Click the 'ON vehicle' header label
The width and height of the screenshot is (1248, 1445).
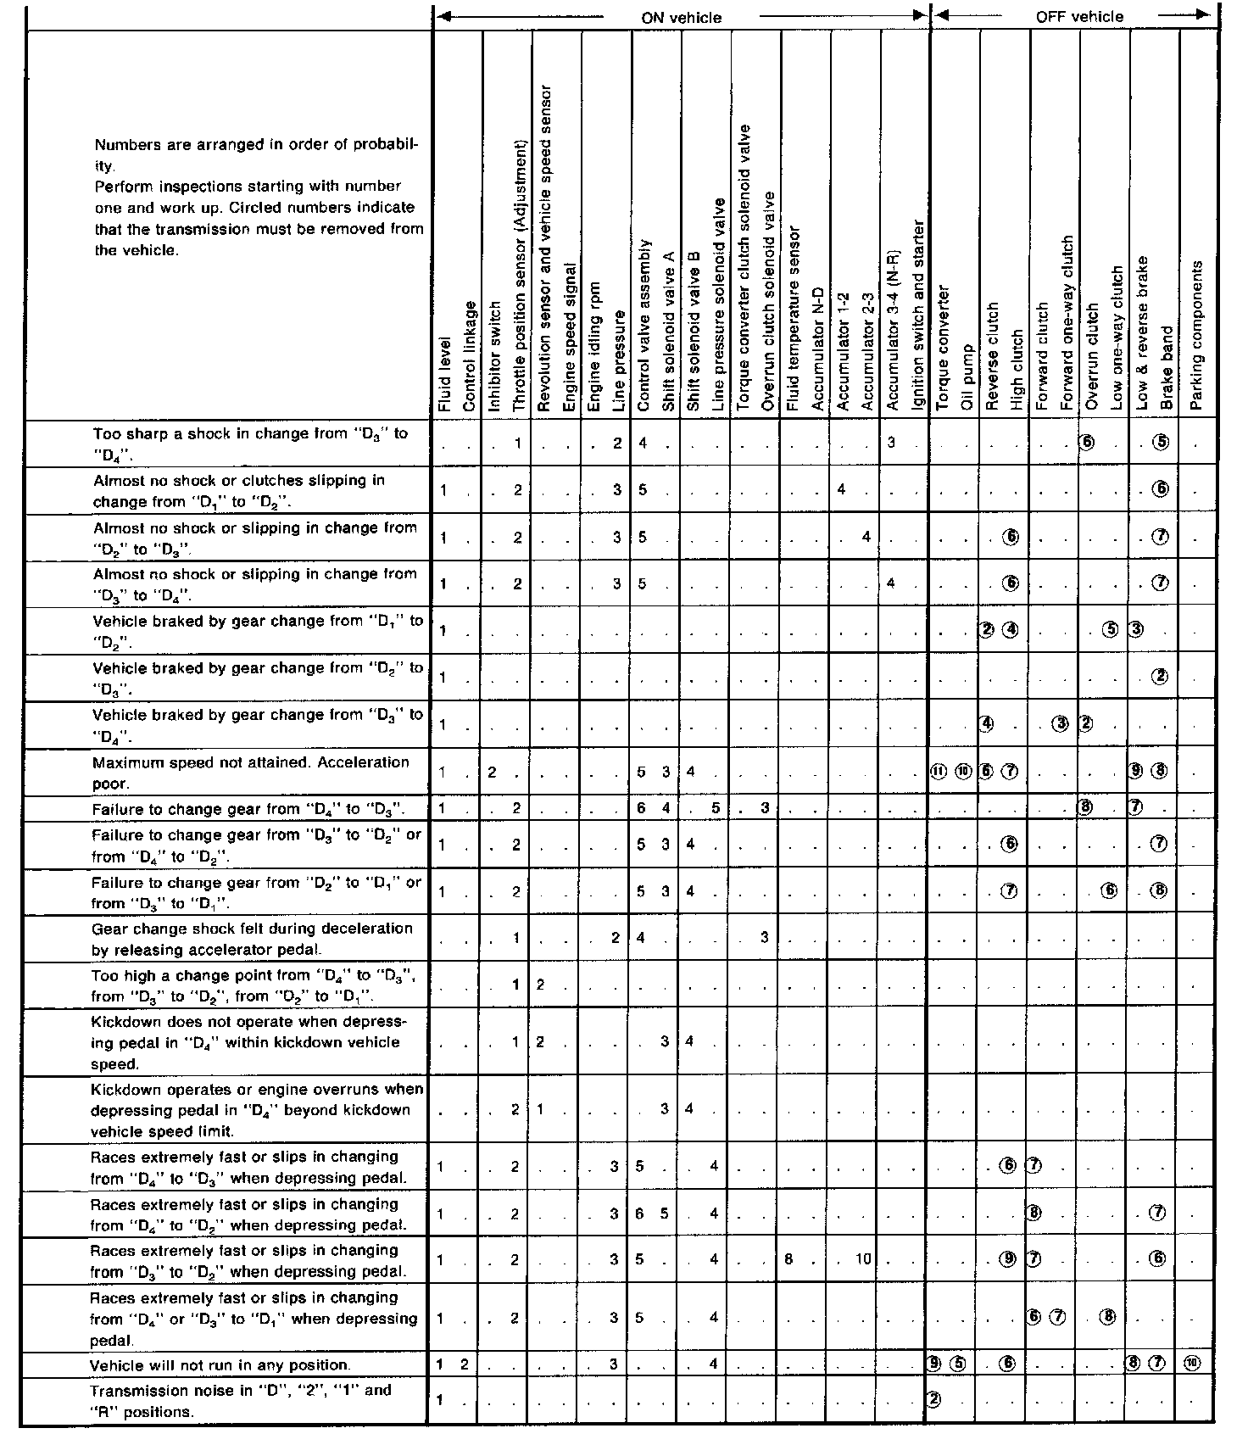click(682, 17)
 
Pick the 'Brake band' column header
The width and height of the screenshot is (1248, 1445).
click(1167, 369)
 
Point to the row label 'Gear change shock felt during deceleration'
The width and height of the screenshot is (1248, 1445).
click(252, 939)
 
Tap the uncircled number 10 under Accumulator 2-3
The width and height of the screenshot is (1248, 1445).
click(863, 1259)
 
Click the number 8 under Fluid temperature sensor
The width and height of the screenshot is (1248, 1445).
click(788, 1259)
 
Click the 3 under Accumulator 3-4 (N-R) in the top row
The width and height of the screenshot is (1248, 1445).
click(891, 443)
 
